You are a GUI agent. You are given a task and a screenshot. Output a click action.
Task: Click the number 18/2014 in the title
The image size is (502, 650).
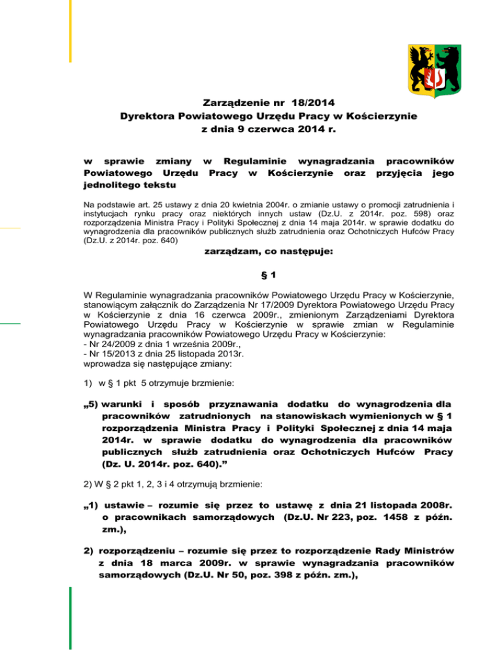click(x=312, y=103)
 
